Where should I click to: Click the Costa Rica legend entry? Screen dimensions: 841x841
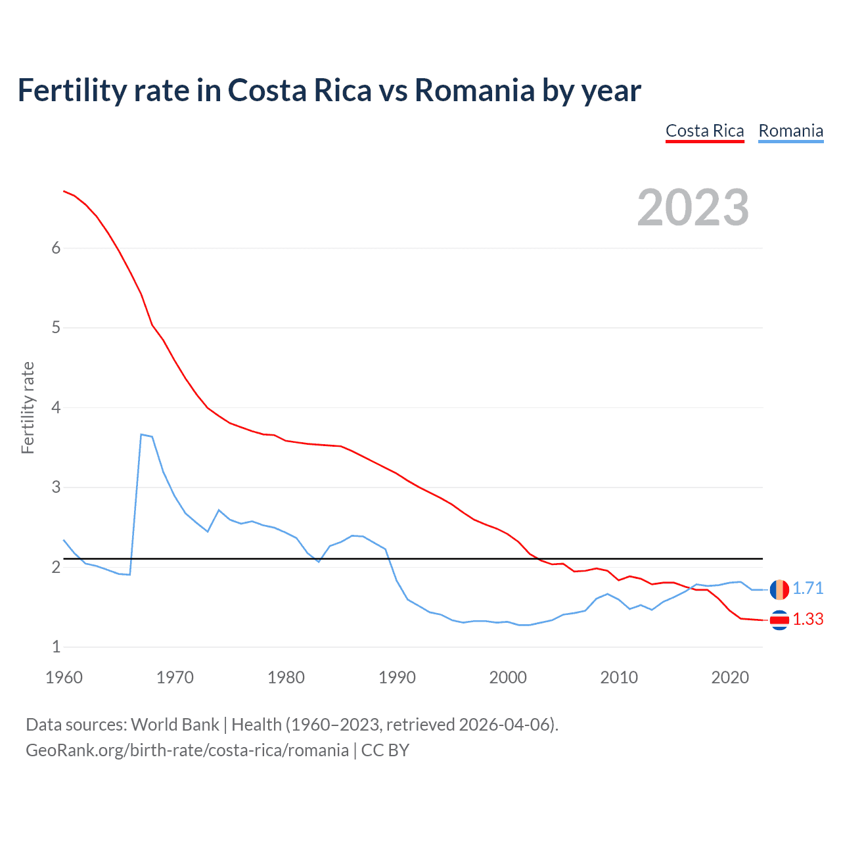pyautogui.click(x=704, y=131)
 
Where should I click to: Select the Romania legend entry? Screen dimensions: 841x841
pyautogui.click(x=790, y=131)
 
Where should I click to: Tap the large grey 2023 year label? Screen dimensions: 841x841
pyautogui.click(x=693, y=208)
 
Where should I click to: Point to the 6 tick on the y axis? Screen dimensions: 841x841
pyautogui.click(x=56, y=248)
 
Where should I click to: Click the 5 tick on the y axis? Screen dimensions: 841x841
pyautogui.click(x=56, y=327)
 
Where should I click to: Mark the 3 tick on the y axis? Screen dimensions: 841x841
pyautogui.click(x=56, y=487)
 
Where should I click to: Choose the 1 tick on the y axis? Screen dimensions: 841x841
pyautogui.click(x=56, y=647)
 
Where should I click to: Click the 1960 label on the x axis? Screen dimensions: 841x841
pyautogui.click(x=64, y=677)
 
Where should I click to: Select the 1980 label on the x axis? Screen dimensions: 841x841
pyautogui.click(x=286, y=677)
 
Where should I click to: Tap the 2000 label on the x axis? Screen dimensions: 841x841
pyautogui.click(x=508, y=677)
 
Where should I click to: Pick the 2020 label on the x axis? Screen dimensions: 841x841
pyautogui.click(x=730, y=677)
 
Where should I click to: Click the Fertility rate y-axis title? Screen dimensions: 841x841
pyautogui.click(x=28, y=407)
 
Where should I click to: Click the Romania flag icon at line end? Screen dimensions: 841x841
pyautogui.click(x=779, y=589)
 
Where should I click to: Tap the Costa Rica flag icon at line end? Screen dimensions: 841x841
pyautogui.click(x=779, y=620)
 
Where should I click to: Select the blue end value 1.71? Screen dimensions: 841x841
pyautogui.click(x=807, y=589)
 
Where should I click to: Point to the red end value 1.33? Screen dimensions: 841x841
pyautogui.click(x=807, y=620)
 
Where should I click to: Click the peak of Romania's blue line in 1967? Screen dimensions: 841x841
pyautogui.click(x=141, y=434)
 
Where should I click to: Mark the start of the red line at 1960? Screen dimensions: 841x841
pyautogui.click(x=64, y=191)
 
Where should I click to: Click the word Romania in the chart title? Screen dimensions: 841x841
pyautogui.click(x=474, y=91)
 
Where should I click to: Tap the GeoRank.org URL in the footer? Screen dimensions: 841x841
pyautogui.click(x=187, y=750)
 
